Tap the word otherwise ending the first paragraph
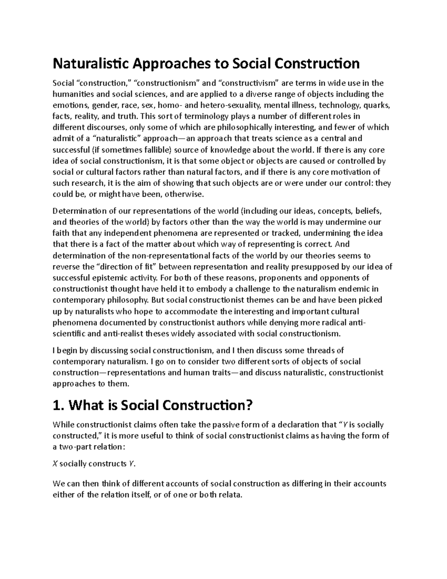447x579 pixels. (184, 194)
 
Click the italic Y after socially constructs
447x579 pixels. (131, 464)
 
